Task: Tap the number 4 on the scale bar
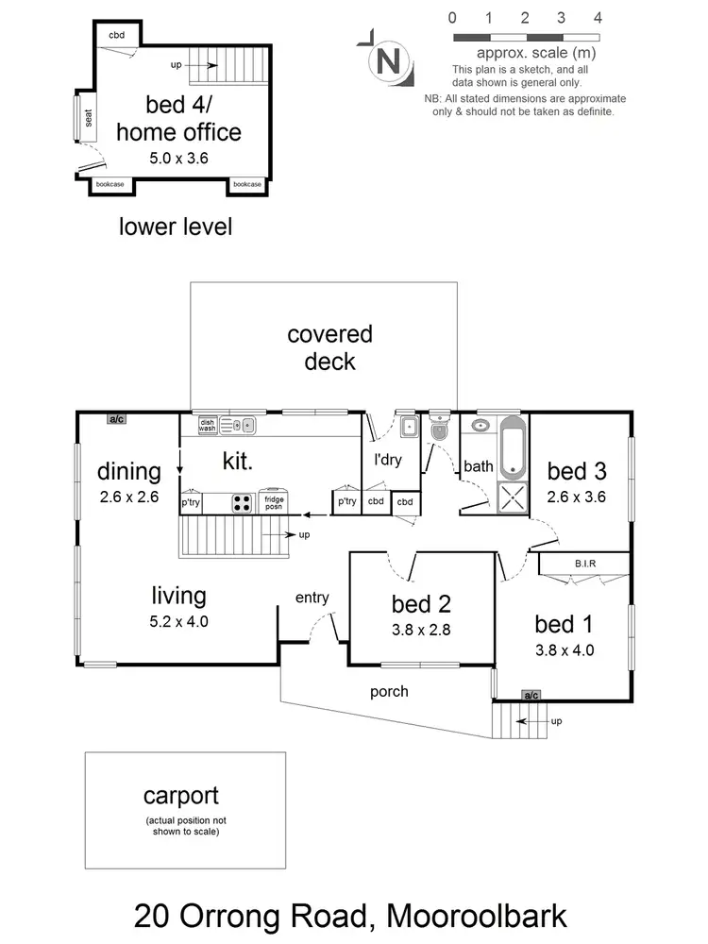point(598,17)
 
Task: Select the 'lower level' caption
point(176,227)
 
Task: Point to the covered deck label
point(329,347)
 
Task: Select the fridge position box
point(275,502)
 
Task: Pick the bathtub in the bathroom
point(512,446)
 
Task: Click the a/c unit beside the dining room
point(118,418)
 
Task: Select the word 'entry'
point(312,597)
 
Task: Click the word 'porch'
point(389,692)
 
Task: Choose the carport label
point(186,796)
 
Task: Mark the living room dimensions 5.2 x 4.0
point(179,621)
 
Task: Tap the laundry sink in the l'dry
point(408,428)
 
